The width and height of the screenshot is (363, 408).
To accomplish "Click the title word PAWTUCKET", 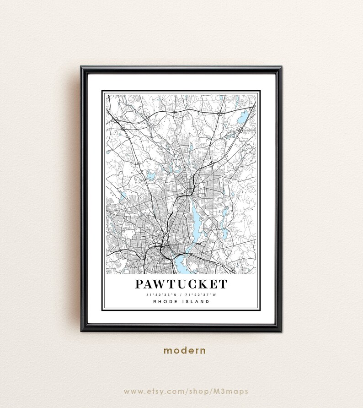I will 181,284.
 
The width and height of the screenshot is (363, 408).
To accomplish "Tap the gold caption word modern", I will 185,351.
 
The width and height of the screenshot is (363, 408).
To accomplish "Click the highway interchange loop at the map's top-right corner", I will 220,112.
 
